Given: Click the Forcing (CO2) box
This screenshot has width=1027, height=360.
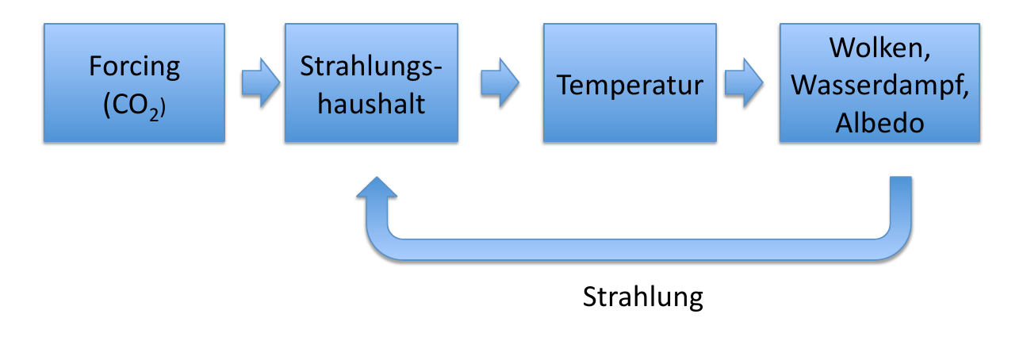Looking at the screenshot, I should pyautogui.click(x=134, y=83).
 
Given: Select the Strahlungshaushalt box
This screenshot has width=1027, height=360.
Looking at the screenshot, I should pyautogui.click(x=371, y=83).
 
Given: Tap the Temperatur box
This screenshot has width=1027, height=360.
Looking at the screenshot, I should pyautogui.click(x=630, y=83).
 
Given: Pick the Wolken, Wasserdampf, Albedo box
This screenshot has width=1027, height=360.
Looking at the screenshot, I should pyautogui.click(x=880, y=83).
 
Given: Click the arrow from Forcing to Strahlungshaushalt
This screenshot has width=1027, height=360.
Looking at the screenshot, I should pyautogui.click(x=260, y=83).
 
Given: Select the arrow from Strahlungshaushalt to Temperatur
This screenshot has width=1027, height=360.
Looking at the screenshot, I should pyautogui.click(x=500, y=83).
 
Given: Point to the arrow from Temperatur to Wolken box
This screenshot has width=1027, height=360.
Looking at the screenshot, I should pyautogui.click(x=743, y=83).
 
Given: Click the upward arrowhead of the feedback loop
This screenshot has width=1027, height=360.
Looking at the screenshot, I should pyautogui.click(x=377, y=190).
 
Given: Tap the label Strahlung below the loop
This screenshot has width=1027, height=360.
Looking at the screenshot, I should pyautogui.click(x=642, y=297).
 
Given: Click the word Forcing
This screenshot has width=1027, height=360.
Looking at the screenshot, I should pyautogui.click(x=134, y=66).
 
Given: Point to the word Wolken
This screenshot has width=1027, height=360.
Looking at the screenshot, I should pyautogui.click(x=880, y=48).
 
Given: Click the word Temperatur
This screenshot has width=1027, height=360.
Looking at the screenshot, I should pyautogui.click(x=630, y=85).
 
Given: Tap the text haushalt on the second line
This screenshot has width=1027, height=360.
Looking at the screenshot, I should pyautogui.click(x=371, y=103).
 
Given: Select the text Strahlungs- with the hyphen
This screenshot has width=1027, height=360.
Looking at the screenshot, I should pyautogui.click(x=371, y=66).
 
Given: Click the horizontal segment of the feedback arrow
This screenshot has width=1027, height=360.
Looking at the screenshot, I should pyautogui.click(x=634, y=248).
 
